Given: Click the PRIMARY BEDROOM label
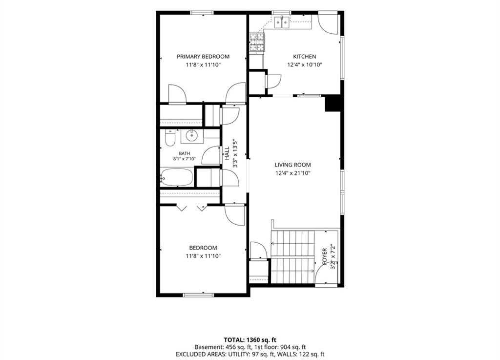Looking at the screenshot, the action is [x=203, y=57].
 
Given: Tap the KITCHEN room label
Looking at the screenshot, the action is [x=305, y=57].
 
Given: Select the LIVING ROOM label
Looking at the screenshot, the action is [x=293, y=165].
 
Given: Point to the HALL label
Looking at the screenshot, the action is [x=227, y=153].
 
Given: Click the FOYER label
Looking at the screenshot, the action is [x=325, y=256].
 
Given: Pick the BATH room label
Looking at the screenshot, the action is [x=184, y=153].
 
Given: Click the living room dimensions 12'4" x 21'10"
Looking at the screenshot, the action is [x=293, y=173].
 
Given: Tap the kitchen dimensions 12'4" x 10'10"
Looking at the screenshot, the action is [x=305, y=65].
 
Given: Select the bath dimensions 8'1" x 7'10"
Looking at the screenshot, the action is [x=184, y=159].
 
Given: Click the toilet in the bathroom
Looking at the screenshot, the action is [x=170, y=138].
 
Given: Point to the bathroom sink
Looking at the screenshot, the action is [x=191, y=136].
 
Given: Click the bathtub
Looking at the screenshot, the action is [x=177, y=177].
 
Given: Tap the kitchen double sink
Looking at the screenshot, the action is [x=282, y=22].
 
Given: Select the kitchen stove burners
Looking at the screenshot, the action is [x=257, y=42].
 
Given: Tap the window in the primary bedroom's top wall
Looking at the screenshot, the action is [x=202, y=13].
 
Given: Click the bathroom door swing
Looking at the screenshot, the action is [x=211, y=155].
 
